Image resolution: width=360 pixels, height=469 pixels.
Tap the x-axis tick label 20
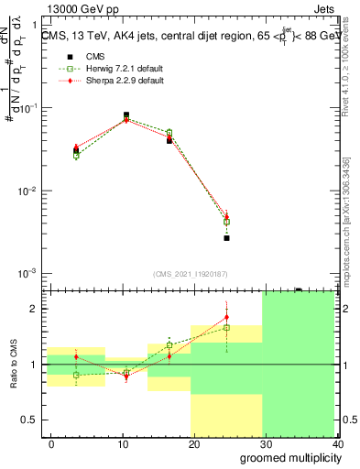coord(194,443)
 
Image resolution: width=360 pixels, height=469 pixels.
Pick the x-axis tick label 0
coord(51,443)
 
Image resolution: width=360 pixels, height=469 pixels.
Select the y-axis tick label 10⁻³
coord(30,274)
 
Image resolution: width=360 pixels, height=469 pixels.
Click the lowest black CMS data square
coord(226,237)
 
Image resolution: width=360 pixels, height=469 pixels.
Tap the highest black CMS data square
coord(126,115)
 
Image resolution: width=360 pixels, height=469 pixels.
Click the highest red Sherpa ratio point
coord(226,317)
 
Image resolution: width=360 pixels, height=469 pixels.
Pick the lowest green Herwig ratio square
coord(77,375)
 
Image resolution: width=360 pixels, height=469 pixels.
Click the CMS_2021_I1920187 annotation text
coord(191,274)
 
